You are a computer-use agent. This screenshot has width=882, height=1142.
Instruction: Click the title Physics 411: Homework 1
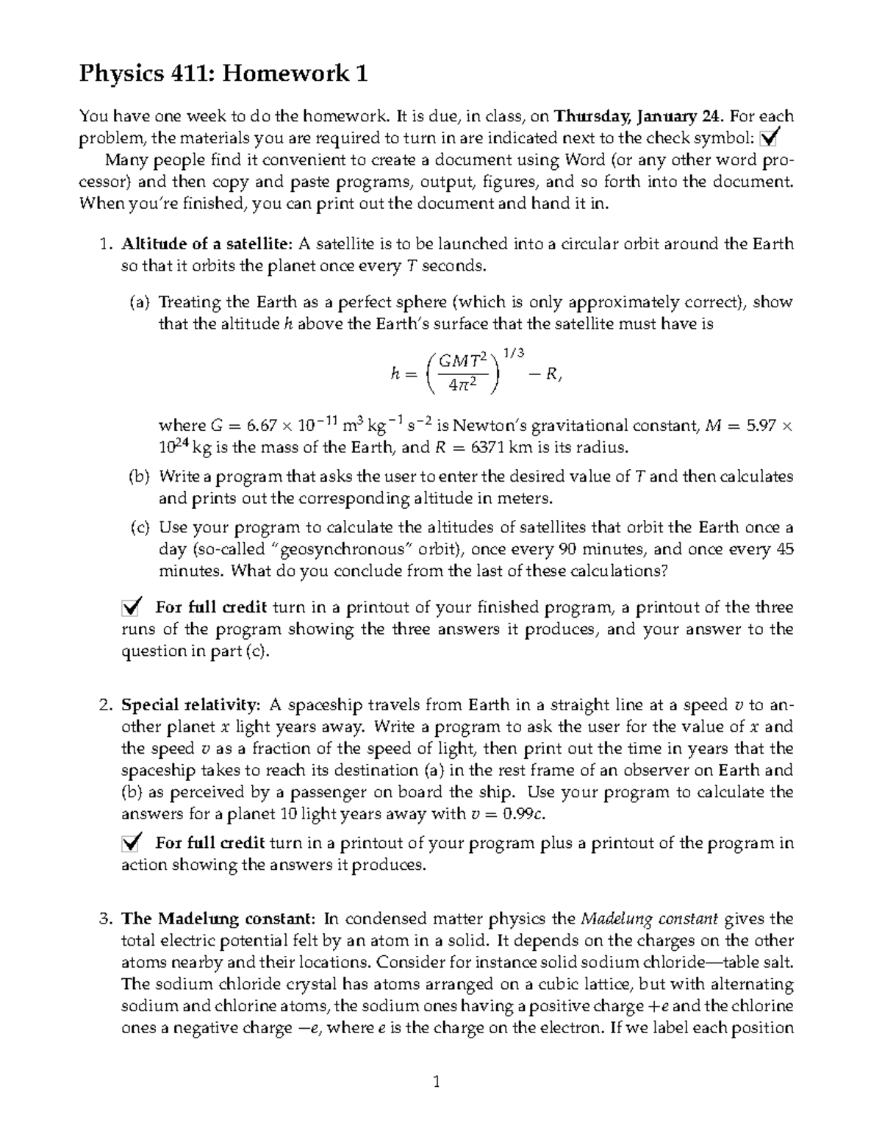click(223, 74)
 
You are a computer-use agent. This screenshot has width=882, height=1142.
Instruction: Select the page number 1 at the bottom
click(437, 1081)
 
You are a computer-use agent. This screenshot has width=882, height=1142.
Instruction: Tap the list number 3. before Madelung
click(105, 918)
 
